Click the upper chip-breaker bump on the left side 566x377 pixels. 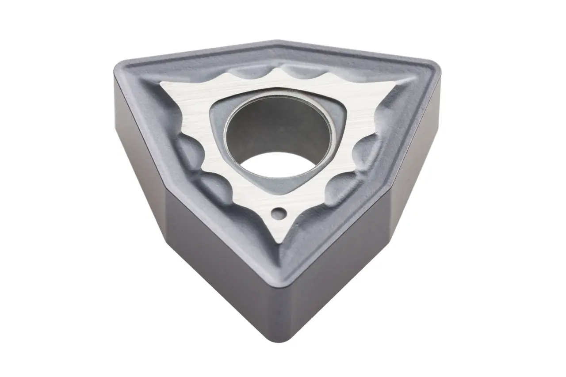(x=188, y=148)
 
